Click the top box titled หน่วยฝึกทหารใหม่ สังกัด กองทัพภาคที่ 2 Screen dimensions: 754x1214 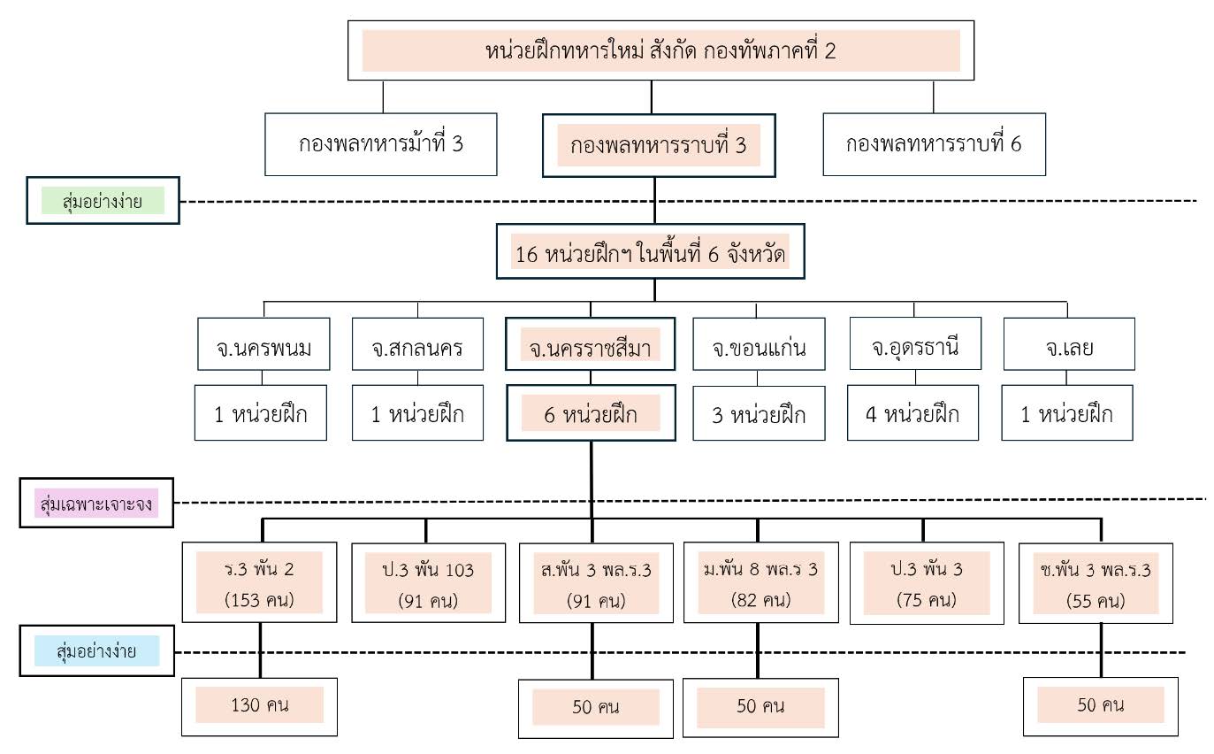[660, 50]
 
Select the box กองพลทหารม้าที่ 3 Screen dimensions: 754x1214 [381, 143]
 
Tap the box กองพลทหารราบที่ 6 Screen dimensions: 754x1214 [933, 143]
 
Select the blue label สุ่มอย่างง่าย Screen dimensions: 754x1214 [97, 652]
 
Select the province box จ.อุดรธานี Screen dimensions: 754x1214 [914, 345]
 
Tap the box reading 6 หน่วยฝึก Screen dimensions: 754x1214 [590, 412]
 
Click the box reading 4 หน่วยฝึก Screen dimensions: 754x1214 [912, 412]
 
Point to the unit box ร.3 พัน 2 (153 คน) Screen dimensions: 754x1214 [259, 582]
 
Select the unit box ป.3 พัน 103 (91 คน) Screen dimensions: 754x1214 [428, 582]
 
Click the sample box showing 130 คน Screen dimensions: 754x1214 [259, 705]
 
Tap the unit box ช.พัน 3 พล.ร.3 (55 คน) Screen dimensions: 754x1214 [1101, 582]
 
